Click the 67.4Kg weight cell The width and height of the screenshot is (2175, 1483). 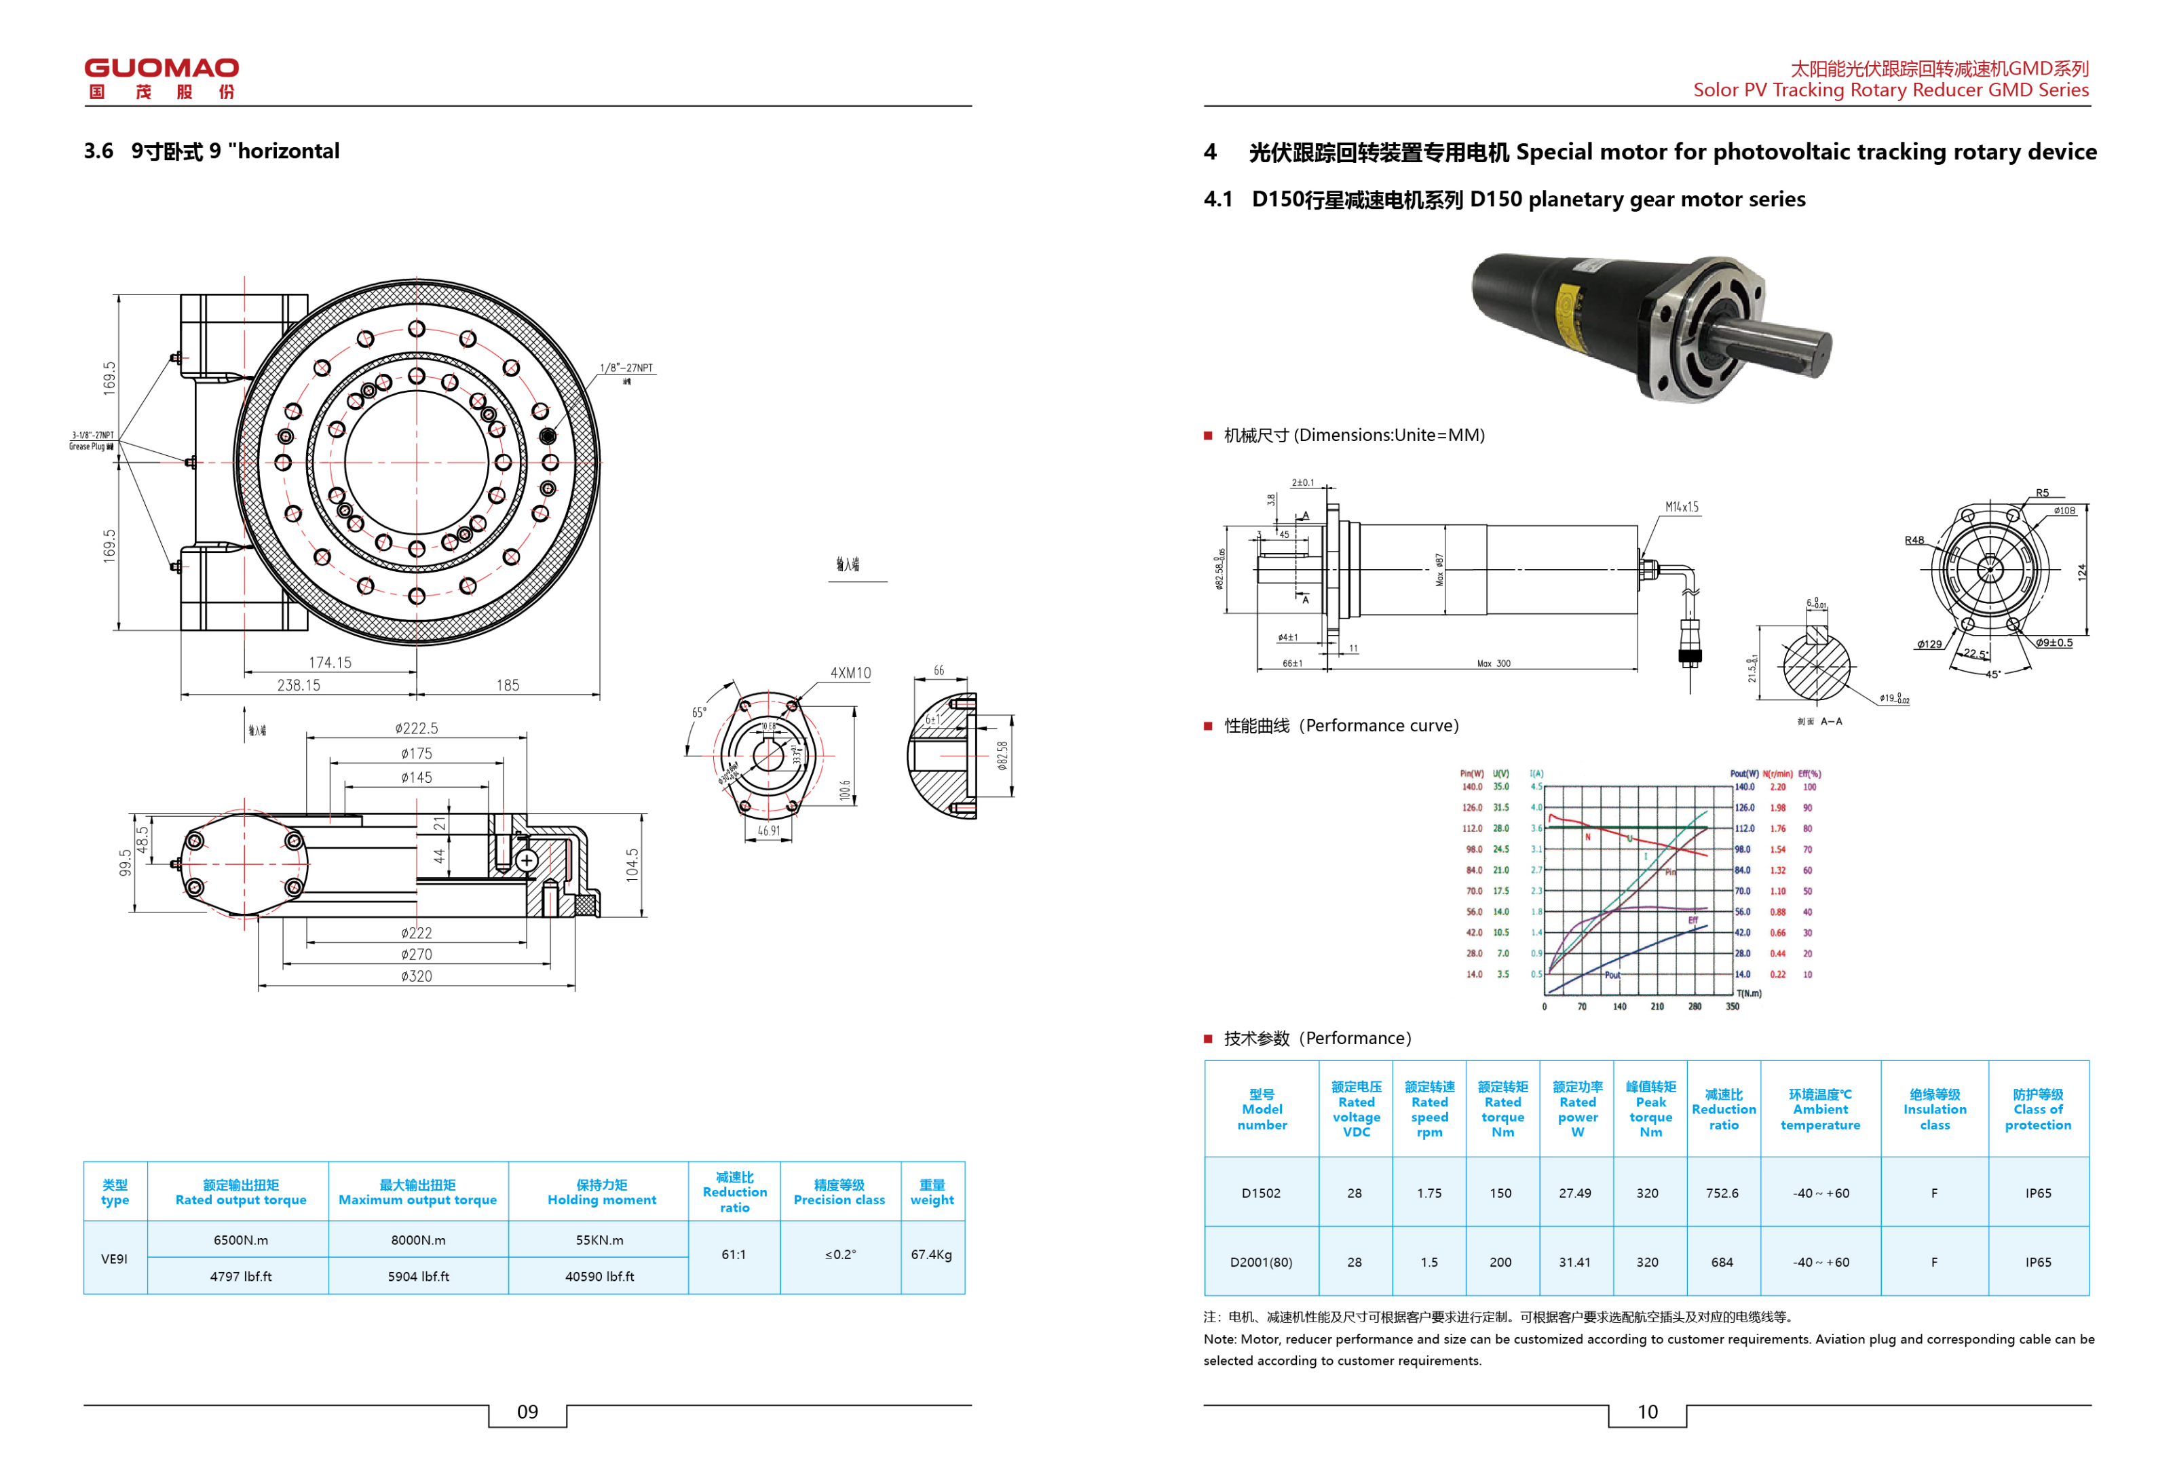(931, 1254)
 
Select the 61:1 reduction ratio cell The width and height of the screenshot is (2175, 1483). (734, 1254)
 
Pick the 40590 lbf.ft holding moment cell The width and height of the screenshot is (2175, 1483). (599, 1276)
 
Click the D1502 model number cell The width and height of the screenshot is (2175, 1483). (1261, 1193)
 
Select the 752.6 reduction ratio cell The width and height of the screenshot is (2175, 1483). (1722, 1193)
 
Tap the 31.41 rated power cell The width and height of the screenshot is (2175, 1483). (1575, 1263)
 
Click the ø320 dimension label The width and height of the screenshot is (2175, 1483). (417, 976)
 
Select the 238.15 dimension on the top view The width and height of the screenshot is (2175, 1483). (299, 685)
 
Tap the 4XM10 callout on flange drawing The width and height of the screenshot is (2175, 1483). (850, 673)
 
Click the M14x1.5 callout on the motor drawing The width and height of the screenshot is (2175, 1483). (1682, 507)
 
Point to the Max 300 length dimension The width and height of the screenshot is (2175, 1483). (1494, 663)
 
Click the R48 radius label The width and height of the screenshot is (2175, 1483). (1914, 540)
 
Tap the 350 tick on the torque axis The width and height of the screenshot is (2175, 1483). (1733, 1007)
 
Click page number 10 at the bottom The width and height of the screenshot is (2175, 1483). (1647, 1412)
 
